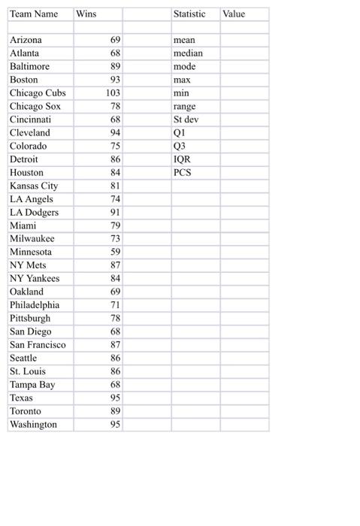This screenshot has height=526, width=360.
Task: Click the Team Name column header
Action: click(x=33, y=14)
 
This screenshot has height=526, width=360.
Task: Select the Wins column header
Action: click(x=86, y=14)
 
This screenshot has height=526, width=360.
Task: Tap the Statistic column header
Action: click(x=189, y=14)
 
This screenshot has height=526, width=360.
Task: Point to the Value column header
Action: click(x=234, y=14)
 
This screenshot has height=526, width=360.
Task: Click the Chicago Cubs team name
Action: click(x=38, y=93)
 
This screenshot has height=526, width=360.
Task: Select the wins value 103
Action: click(x=113, y=93)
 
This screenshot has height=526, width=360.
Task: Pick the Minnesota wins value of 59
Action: click(x=115, y=252)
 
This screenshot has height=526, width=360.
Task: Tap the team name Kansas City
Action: click(x=33, y=186)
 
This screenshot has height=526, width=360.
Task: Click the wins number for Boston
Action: click(x=115, y=80)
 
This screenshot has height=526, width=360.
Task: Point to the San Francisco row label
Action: click(x=38, y=345)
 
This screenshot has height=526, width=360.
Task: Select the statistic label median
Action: click(x=188, y=53)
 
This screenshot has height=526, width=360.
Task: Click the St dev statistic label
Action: click(x=186, y=119)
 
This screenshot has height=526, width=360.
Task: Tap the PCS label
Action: click(x=182, y=173)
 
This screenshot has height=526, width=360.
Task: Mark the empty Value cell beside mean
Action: click(x=244, y=40)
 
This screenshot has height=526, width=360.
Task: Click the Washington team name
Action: click(x=33, y=425)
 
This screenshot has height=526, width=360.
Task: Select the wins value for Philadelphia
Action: click(x=115, y=305)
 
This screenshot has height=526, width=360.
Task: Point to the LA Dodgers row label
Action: click(x=34, y=213)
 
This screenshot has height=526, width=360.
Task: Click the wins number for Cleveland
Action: click(x=115, y=133)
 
